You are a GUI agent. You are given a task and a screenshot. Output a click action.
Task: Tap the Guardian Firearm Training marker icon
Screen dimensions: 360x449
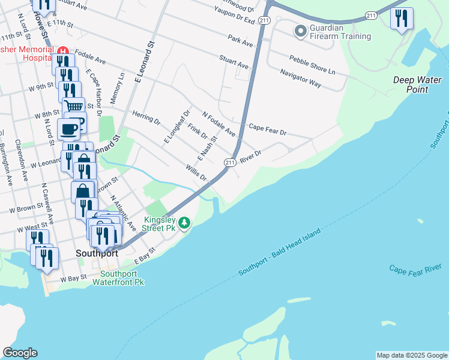300,29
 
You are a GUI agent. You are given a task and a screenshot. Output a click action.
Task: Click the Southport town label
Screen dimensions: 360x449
97,253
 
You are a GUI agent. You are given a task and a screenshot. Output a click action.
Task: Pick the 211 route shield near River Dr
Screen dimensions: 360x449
230,162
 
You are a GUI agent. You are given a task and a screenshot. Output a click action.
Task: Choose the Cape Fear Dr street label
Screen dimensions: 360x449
268,128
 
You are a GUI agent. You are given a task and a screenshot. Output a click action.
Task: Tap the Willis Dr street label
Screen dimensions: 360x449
196,174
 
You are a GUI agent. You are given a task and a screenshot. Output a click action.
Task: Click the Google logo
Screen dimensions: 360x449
20,353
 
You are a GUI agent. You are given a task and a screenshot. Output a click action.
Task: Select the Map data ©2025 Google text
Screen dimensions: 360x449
411,355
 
